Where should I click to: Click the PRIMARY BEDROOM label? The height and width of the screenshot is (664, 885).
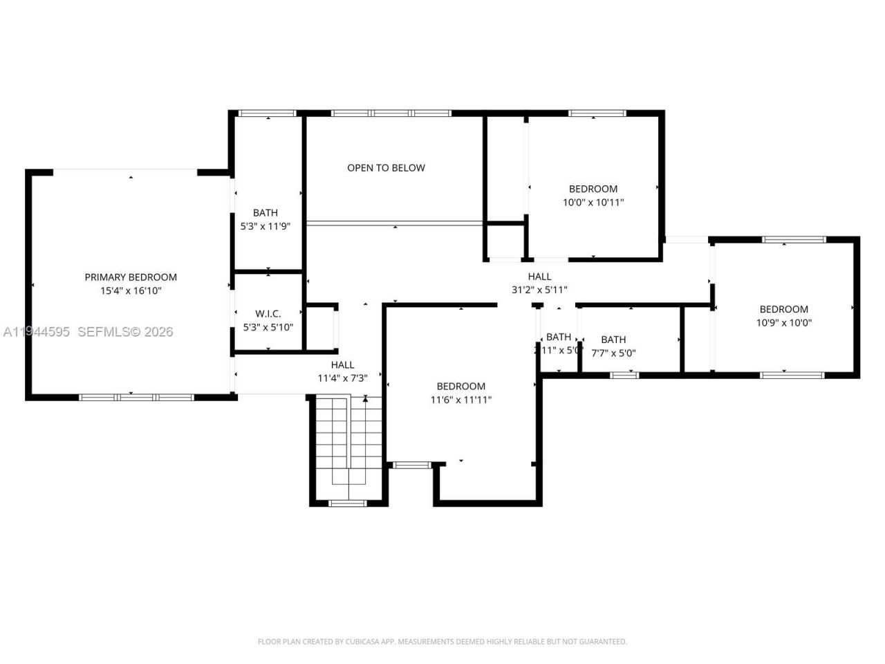pyautogui.click(x=131, y=277)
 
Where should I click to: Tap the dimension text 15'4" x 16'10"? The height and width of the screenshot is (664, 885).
pyautogui.click(x=131, y=291)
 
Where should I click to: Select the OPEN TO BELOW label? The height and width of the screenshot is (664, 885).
pyautogui.click(x=386, y=167)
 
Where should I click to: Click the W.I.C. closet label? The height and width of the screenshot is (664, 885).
pyautogui.click(x=268, y=313)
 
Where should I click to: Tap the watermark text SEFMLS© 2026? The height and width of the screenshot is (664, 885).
pyautogui.click(x=125, y=332)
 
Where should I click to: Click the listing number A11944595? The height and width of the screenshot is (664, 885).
pyautogui.click(x=36, y=332)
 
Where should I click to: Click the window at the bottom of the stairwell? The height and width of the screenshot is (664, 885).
pyautogui.click(x=347, y=503)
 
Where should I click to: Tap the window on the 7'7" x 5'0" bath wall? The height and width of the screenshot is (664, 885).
pyautogui.click(x=624, y=375)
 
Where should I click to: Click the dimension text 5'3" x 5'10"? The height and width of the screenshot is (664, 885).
pyautogui.click(x=268, y=327)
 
